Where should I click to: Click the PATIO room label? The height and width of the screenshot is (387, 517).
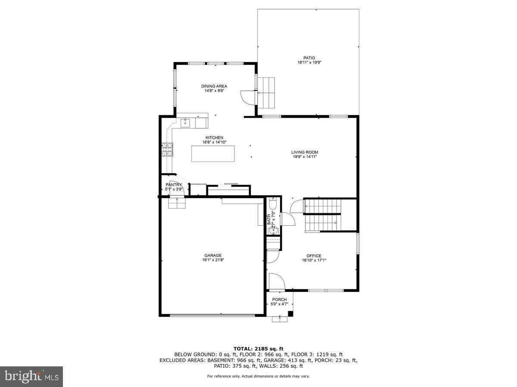(x=309, y=58)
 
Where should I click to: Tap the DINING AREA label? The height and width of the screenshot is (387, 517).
(x=214, y=86)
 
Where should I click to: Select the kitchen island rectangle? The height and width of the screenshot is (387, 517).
(x=214, y=154)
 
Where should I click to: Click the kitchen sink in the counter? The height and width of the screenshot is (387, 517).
(x=186, y=123)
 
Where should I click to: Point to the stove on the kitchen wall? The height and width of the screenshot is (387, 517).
(x=167, y=149)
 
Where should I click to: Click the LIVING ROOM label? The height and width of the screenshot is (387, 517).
(x=305, y=152)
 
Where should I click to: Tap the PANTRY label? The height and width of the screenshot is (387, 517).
(x=174, y=185)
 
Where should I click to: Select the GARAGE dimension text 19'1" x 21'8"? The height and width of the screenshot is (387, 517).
(x=213, y=260)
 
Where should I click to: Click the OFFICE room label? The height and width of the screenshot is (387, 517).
(x=314, y=256)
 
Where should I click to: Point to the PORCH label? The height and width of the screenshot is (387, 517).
(x=279, y=300)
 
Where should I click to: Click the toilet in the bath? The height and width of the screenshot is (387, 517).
(x=272, y=204)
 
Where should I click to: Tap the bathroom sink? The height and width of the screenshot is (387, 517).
(x=272, y=231)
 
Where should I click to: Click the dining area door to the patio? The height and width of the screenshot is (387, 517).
(x=248, y=97)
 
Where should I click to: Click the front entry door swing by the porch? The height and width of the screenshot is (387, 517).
(x=276, y=281)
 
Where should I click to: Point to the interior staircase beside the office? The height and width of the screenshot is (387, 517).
(x=323, y=215)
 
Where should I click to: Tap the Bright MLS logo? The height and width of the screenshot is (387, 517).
(x=31, y=377)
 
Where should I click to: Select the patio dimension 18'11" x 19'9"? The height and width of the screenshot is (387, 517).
(x=309, y=62)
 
